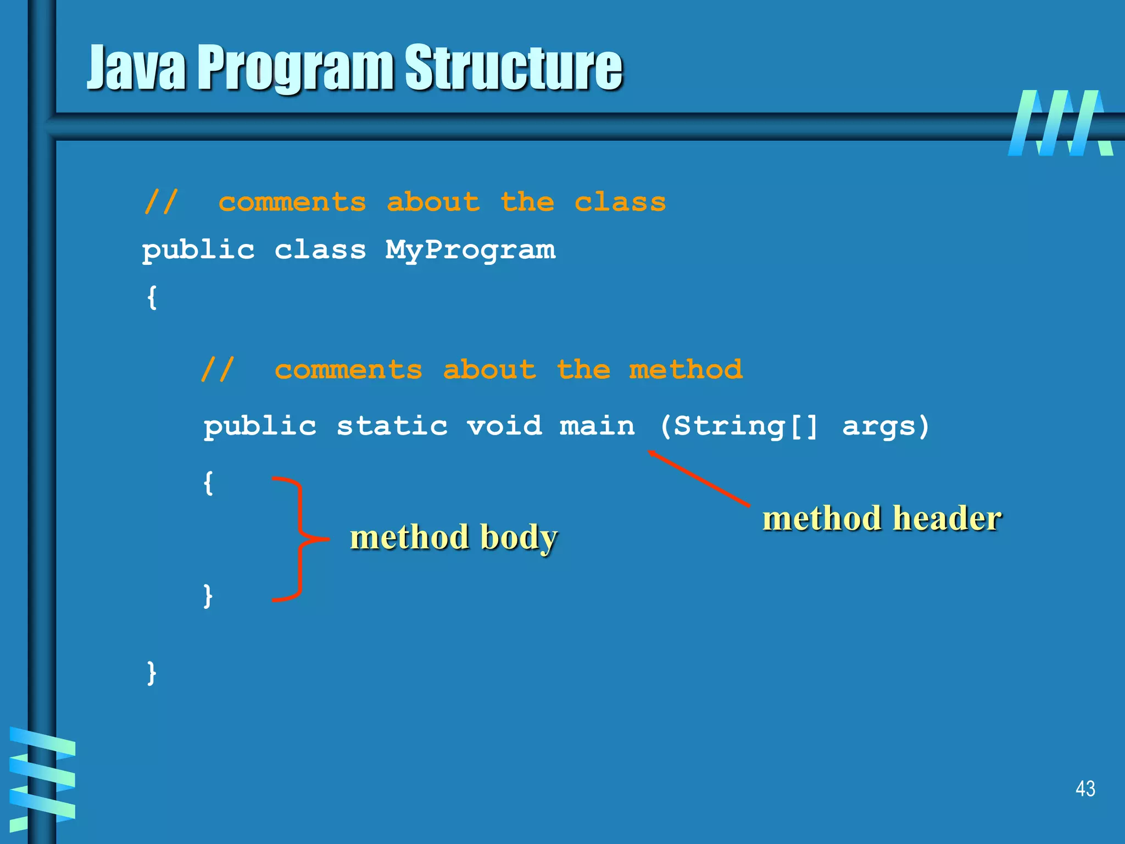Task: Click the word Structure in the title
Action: pyautogui.click(x=514, y=68)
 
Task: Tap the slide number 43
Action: pyautogui.click(x=1085, y=789)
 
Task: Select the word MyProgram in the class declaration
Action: pyautogui.click(x=470, y=251)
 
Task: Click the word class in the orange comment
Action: pyautogui.click(x=620, y=202)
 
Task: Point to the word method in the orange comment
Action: pyautogui.click(x=686, y=369)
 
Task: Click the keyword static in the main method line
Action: pyautogui.click(x=392, y=426)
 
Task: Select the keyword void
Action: pyautogui.click(x=504, y=426)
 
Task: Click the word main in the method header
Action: pyautogui.click(x=597, y=426)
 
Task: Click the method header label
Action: pyautogui.click(x=882, y=518)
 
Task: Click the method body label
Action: pyautogui.click(x=454, y=537)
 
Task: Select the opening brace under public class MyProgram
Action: pyautogui.click(x=152, y=297)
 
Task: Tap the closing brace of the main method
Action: pyautogui.click(x=208, y=596)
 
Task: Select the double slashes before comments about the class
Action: pyautogui.click(x=161, y=202)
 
